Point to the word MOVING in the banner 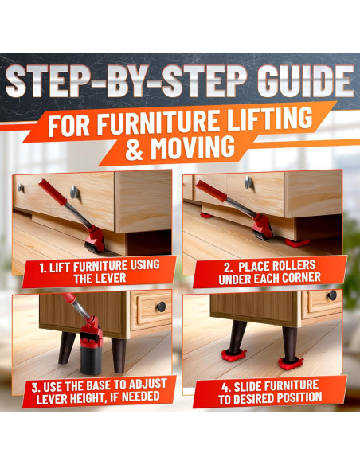pos(189,147)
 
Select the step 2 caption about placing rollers pos(264,272)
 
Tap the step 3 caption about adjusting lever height pos(94,390)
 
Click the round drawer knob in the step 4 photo pos(331,296)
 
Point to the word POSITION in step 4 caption pos(295,397)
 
